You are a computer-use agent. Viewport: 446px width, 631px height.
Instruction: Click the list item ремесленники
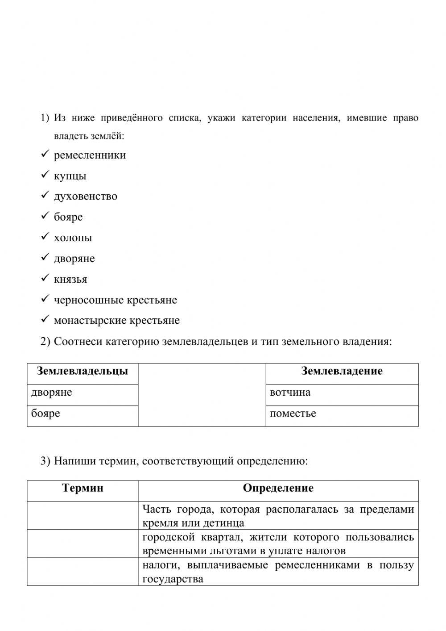click(x=90, y=155)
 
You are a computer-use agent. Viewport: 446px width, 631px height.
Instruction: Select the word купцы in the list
click(x=70, y=176)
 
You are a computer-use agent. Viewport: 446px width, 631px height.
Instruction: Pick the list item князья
click(x=70, y=280)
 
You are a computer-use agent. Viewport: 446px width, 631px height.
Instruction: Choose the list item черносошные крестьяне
click(x=115, y=300)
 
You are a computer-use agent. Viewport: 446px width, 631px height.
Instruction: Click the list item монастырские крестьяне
click(x=116, y=321)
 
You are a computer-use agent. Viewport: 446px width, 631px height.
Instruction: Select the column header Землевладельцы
click(x=83, y=371)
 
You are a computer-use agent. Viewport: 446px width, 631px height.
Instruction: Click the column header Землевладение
click(x=342, y=371)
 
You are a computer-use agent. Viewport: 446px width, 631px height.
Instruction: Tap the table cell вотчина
click(x=290, y=393)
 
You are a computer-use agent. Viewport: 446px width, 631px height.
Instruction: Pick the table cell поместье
click(x=293, y=414)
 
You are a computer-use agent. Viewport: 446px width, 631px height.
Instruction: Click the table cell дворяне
click(x=51, y=393)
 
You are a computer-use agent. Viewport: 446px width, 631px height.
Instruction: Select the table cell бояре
click(x=45, y=414)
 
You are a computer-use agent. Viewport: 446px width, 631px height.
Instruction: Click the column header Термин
click(x=83, y=488)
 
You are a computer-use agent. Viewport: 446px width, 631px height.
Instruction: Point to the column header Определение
click(x=278, y=488)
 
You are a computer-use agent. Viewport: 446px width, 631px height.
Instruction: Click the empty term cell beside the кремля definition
click(x=83, y=516)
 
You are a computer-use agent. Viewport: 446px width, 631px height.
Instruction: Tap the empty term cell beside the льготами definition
click(x=83, y=543)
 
